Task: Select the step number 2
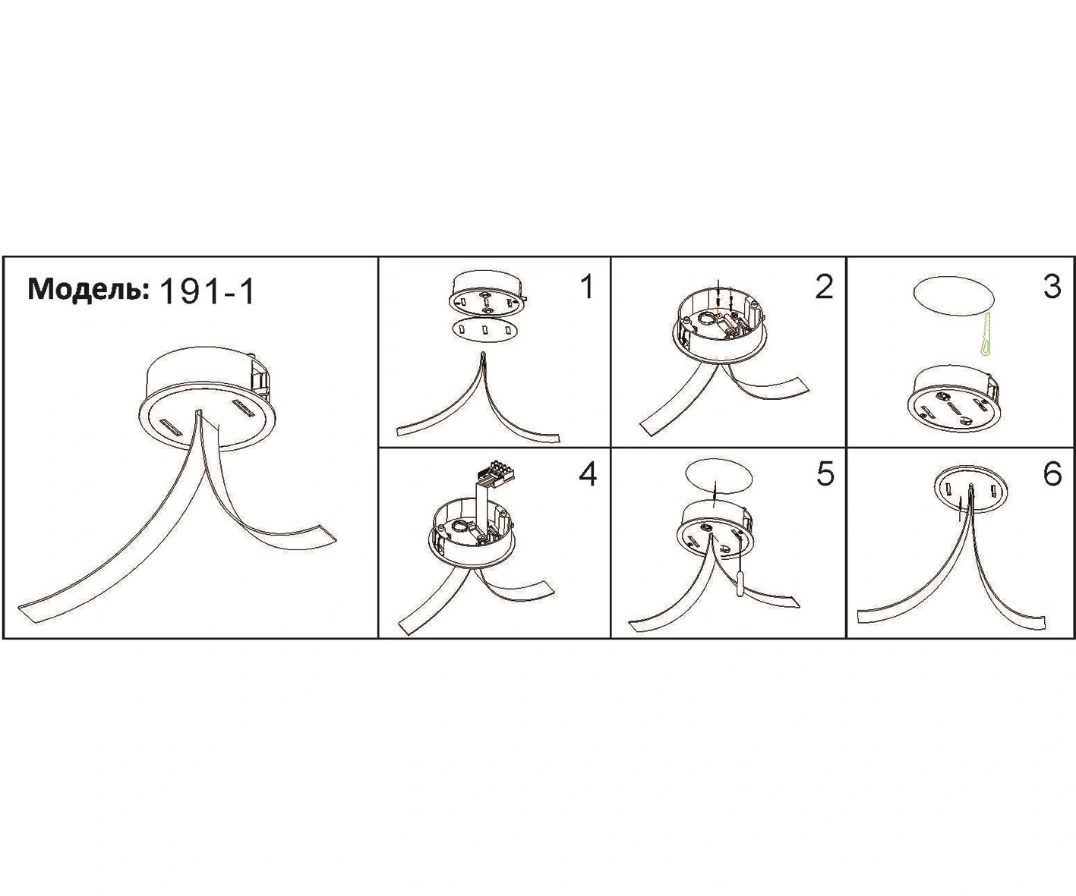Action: click(824, 286)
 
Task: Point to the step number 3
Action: click(1052, 286)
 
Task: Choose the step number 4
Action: click(588, 474)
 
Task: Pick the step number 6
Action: click(1052, 473)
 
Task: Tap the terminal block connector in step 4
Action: click(497, 473)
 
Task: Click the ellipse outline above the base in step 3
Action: click(954, 296)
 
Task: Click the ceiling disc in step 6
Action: click(971, 489)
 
